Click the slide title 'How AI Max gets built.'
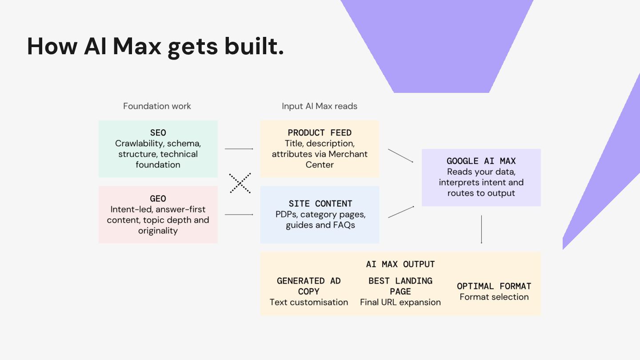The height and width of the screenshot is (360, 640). coord(156,47)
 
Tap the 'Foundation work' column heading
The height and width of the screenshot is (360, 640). coord(157,106)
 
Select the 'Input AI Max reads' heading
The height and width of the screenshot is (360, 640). coord(320,106)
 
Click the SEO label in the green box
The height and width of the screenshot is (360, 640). coord(158,133)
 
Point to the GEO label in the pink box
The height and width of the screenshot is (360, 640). coord(158,199)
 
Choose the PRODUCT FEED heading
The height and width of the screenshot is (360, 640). coord(320,133)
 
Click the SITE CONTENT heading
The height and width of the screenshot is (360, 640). coord(320,204)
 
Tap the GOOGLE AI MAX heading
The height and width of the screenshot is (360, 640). coord(481,161)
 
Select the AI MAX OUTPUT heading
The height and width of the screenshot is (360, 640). coord(400,264)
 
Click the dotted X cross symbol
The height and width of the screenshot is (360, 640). coord(240,183)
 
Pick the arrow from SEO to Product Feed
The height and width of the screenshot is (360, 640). coord(239,149)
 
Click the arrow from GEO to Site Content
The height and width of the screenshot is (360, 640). coord(239,215)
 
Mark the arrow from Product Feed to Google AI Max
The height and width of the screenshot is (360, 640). coord(400,156)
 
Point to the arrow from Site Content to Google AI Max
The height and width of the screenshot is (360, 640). coord(401,212)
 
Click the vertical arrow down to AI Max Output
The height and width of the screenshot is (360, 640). coord(481,229)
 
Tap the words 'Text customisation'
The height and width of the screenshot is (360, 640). coord(309,302)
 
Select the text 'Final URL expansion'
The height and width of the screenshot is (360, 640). coord(400,302)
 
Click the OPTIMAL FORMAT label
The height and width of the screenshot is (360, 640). coord(494,286)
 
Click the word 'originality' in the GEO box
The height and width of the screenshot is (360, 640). coord(158,231)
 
